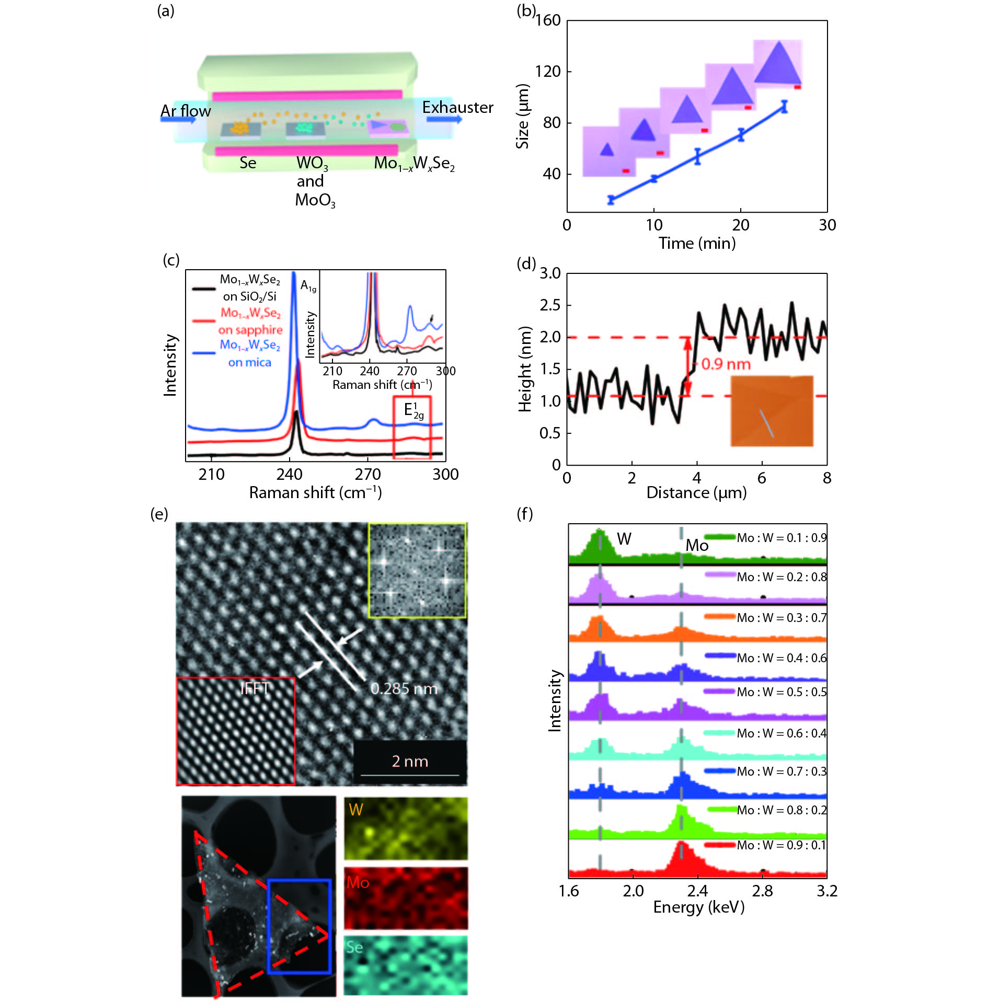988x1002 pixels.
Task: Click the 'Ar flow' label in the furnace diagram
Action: click(x=186, y=111)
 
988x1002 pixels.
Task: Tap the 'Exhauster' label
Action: click(x=457, y=107)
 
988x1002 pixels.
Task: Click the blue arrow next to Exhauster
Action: click(x=444, y=119)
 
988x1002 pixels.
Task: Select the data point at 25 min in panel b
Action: click(x=784, y=107)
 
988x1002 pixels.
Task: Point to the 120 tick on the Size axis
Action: click(x=548, y=71)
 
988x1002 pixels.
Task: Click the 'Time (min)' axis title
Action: click(x=697, y=243)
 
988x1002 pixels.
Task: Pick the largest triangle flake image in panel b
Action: click(x=778, y=62)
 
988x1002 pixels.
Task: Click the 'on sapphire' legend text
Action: click(x=250, y=330)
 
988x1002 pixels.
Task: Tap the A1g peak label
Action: click(x=308, y=286)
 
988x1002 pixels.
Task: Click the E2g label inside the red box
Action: click(x=413, y=410)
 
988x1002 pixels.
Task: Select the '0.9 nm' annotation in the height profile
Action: click(x=726, y=364)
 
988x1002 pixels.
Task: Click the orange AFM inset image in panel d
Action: click(x=772, y=411)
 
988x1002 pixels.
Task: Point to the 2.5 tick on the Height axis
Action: click(x=550, y=305)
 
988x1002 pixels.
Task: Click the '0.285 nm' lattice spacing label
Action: click(x=404, y=688)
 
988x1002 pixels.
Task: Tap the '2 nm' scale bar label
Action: click(x=410, y=761)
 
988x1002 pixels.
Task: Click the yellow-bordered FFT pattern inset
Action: click(x=417, y=571)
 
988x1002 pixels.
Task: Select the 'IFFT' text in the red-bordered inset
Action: click(x=255, y=688)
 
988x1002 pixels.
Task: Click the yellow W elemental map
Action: click(x=406, y=828)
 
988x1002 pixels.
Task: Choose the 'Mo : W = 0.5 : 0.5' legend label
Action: click(x=782, y=692)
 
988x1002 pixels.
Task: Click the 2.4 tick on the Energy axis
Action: click(x=697, y=891)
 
